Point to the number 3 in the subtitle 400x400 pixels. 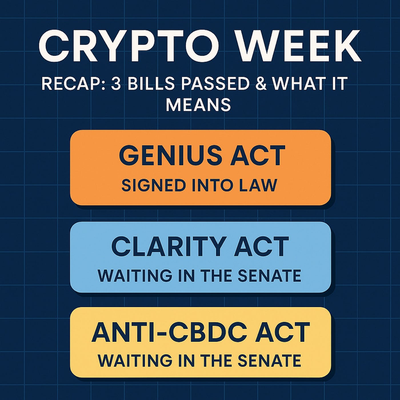[x=116, y=84]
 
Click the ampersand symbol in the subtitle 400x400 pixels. [x=261, y=84]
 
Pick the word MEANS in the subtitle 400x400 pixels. [x=198, y=105]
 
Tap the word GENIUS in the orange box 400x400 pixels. [x=171, y=155]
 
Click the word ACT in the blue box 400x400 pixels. [x=261, y=246]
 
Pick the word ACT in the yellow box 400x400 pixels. [x=282, y=332]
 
